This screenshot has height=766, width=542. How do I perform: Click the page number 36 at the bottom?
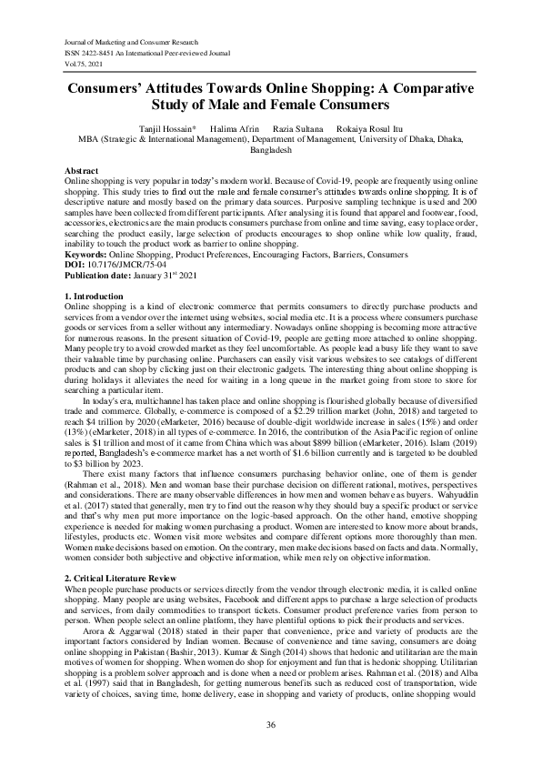tap(270, 723)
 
